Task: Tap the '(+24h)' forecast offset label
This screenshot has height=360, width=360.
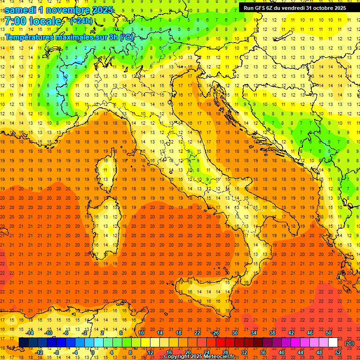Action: [81, 21]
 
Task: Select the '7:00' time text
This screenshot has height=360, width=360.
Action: [15, 21]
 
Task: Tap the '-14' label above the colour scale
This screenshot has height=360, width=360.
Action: [30, 333]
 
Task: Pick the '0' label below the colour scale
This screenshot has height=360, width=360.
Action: [93, 352]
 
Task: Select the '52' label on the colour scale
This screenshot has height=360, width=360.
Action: [338, 352]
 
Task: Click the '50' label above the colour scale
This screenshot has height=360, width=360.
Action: [328, 333]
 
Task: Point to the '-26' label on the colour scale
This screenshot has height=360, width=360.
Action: [215, 333]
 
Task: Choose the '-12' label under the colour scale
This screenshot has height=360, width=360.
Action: [39, 352]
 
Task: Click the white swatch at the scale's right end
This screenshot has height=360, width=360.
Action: [333, 343]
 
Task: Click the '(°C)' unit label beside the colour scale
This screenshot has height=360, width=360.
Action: [349, 343]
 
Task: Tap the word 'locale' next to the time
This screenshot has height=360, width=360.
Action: [45, 21]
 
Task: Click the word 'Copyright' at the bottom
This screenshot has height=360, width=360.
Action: [179, 357]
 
